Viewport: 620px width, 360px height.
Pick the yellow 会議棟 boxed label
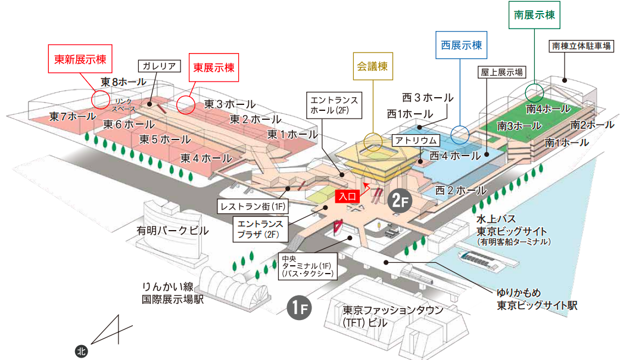(x=373, y=66)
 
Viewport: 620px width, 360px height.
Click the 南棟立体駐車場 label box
(x=580, y=46)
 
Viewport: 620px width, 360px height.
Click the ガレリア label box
(x=158, y=66)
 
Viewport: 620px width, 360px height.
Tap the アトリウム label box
(x=415, y=141)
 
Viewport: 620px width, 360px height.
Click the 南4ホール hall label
(x=548, y=109)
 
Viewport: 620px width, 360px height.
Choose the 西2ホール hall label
(x=460, y=191)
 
